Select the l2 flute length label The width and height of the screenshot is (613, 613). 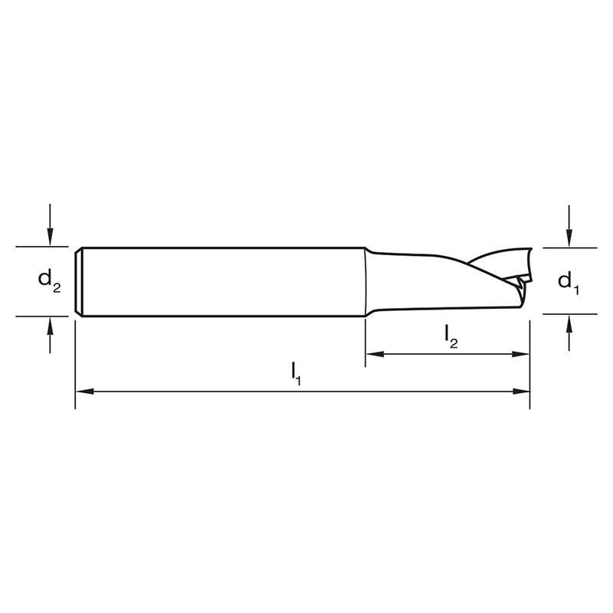coord(451,336)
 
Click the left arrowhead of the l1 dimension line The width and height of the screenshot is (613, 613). coord(83,391)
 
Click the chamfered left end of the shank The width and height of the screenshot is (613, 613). coord(79,280)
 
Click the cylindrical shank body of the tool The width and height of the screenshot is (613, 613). coord(222,280)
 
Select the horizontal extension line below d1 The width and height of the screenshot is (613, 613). coord(571,313)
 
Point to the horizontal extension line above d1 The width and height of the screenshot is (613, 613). coord(571,247)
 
